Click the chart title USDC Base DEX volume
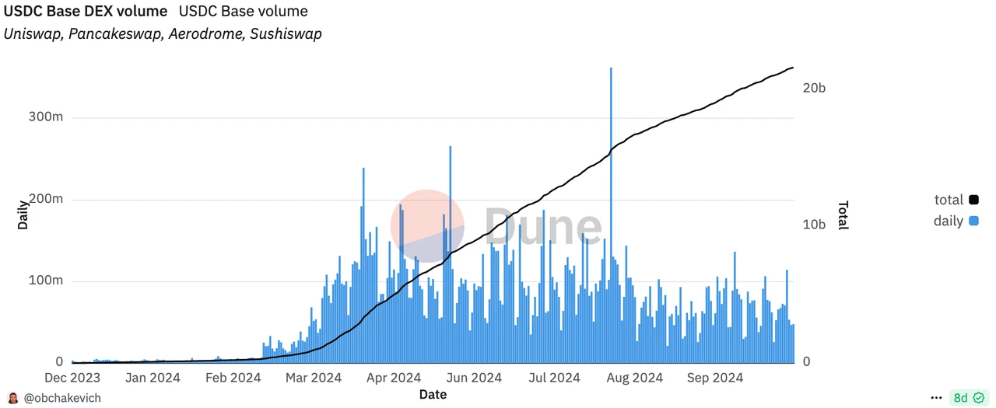tap(86, 12)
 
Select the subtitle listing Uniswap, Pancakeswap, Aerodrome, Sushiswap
tap(163, 34)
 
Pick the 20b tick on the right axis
tap(814, 88)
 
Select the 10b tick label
tap(814, 225)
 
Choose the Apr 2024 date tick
tap(394, 378)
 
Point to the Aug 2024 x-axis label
tap(634, 378)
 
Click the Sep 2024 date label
tap(716, 378)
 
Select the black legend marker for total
tap(973, 201)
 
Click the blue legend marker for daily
tap(973, 221)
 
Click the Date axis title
tap(433, 395)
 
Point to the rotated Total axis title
tap(843, 215)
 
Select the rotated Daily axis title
tap(23, 215)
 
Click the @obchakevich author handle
tap(61, 398)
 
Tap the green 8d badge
tap(968, 398)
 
